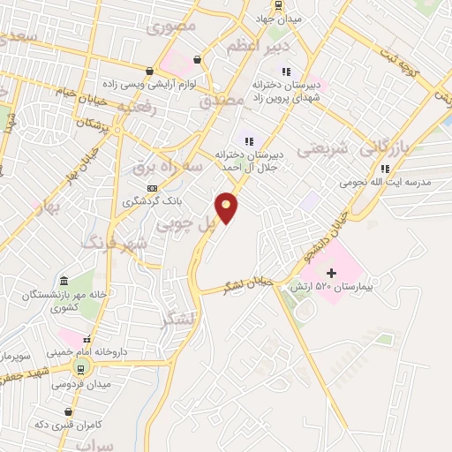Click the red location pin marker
point(227,208)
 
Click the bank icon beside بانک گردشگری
point(153,187)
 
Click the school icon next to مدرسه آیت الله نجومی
point(384,169)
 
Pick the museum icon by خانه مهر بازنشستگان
point(64,280)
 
